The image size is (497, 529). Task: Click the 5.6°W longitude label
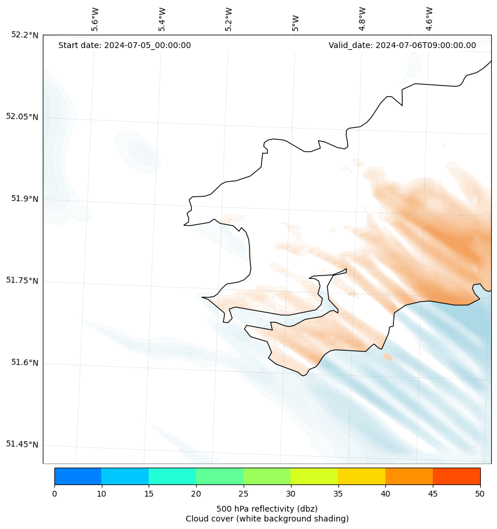click(x=95, y=19)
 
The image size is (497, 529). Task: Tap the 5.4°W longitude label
click(x=162, y=19)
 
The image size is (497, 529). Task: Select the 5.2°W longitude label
click(x=229, y=19)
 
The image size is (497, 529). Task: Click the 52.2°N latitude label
click(x=25, y=35)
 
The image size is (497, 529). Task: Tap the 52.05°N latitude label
click(x=23, y=116)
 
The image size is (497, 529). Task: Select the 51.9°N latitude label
click(x=25, y=199)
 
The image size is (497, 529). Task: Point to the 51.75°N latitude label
click(x=23, y=281)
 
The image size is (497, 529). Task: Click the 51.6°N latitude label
click(x=25, y=362)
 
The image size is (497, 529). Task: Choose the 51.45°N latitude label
click(x=23, y=444)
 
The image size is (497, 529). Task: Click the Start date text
click(x=124, y=46)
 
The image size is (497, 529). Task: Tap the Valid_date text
click(x=402, y=46)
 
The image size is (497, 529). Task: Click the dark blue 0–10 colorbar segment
click(x=78, y=476)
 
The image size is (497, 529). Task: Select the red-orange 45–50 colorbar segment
click(x=456, y=476)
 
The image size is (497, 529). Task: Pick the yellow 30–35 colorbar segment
click(x=314, y=476)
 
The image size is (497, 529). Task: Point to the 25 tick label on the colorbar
click(x=244, y=494)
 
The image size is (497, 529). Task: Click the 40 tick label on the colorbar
click(x=385, y=494)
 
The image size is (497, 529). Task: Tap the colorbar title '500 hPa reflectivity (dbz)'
click(x=267, y=509)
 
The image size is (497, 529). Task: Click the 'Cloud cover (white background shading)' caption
click(x=267, y=519)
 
